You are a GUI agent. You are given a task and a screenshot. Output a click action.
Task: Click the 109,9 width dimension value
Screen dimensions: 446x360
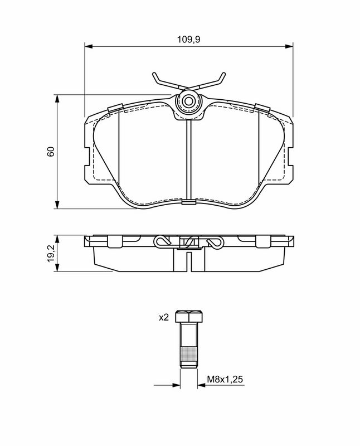(188, 40)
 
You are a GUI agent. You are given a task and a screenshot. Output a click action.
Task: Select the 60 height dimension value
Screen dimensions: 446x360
(51, 152)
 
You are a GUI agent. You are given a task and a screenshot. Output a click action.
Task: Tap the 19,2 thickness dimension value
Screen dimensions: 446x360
(51, 254)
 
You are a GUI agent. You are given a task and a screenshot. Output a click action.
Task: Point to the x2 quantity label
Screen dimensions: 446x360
(163, 317)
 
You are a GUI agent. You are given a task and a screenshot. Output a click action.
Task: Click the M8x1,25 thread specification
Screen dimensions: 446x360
(226, 380)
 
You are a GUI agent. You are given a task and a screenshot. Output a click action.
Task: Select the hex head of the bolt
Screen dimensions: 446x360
(189, 317)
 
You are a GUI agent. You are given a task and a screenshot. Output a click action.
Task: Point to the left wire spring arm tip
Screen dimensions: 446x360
(154, 76)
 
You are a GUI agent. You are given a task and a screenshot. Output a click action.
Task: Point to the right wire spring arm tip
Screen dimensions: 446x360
(223, 76)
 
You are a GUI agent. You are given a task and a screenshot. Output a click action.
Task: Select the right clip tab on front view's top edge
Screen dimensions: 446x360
(262, 108)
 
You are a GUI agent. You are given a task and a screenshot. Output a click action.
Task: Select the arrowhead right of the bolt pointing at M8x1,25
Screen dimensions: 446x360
(202, 385)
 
